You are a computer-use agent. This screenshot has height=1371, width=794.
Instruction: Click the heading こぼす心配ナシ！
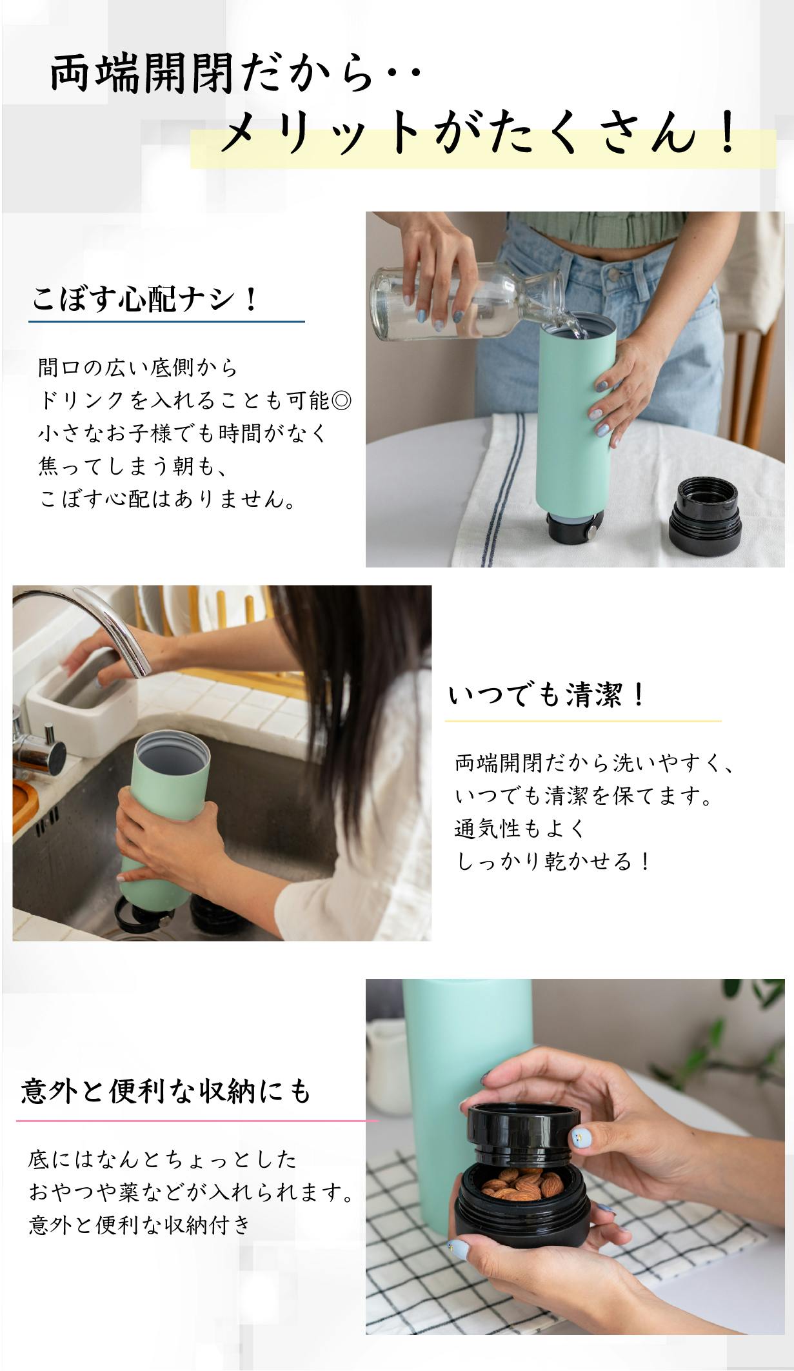(144, 299)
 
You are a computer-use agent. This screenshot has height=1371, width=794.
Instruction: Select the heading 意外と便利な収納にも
(166, 1091)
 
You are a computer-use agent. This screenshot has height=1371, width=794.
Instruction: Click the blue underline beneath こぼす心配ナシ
(166, 321)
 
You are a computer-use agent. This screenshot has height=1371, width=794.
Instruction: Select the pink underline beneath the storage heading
(197, 1121)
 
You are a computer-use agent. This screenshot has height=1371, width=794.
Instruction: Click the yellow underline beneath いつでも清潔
(582, 721)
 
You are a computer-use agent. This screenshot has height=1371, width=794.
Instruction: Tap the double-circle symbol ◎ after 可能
(341, 400)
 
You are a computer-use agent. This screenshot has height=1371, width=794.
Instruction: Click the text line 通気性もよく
(520, 828)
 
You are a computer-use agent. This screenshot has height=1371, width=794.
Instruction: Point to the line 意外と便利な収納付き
(139, 1224)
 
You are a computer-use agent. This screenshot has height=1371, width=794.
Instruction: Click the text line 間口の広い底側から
(138, 368)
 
